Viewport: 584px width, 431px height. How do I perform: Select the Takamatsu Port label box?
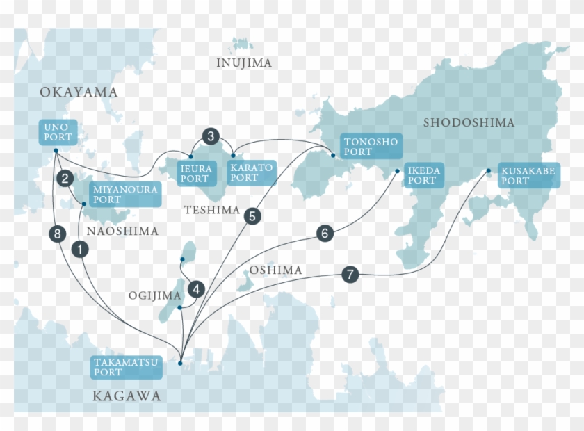tap(127, 367)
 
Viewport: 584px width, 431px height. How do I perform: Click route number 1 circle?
tap(81, 247)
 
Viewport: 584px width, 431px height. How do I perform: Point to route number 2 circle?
tap(65, 179)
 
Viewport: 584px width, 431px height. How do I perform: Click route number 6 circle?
tap(325, 234)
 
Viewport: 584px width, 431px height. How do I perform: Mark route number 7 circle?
tap(350, 275)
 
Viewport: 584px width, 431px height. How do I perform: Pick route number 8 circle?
tap(58, 234)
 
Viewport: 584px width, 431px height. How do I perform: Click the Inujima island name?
tap(244, 63)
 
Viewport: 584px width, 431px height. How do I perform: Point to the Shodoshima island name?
tap(469, 122)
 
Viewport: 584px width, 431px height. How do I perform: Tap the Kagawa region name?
tap(127, 396)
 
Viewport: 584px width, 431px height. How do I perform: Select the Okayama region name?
tap(79, 92)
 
